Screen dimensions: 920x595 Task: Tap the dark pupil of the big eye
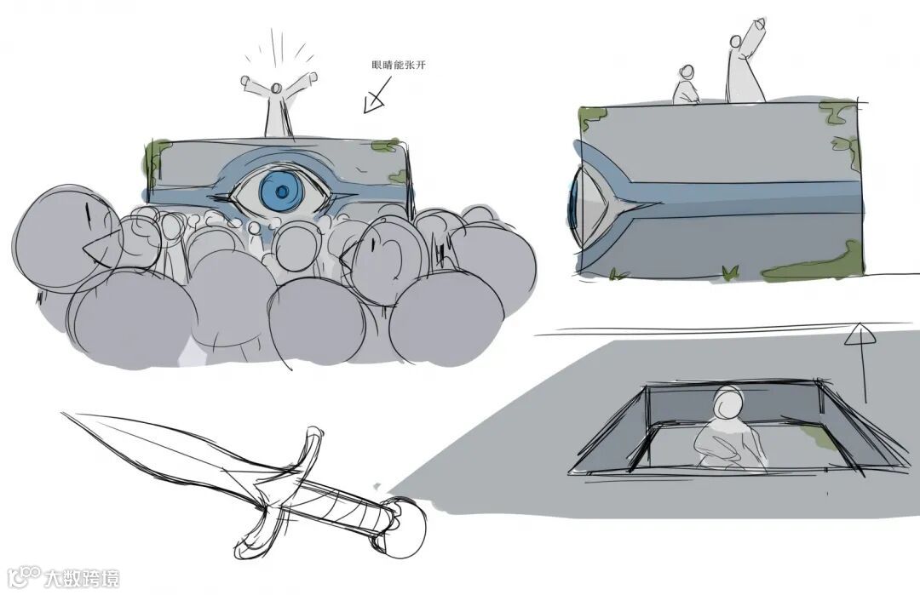pos(282,192)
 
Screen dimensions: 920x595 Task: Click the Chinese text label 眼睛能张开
pos(399,65)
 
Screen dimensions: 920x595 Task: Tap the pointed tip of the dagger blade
pos(64,414)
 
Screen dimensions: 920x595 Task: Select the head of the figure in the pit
pos(728,403)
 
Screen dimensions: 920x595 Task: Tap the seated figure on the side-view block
pos(686,87)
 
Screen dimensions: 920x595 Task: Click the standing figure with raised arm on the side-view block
pos(745,60)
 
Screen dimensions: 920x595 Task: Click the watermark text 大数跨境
pos(82,578)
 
